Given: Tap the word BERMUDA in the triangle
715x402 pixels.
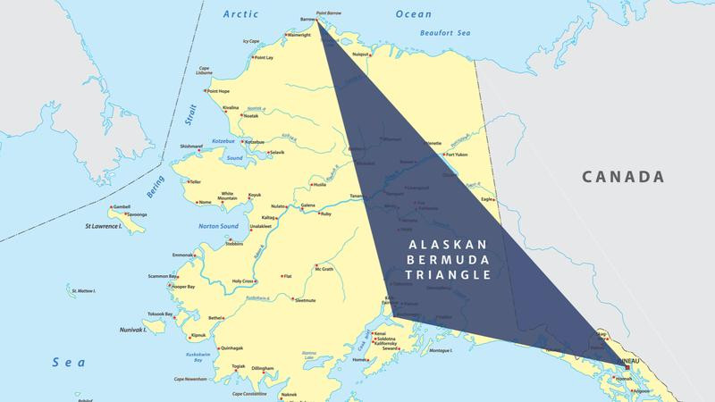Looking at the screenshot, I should [445, 259].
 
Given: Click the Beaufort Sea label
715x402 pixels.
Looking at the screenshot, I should [439, 34].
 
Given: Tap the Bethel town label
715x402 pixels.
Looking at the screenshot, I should [215, 317].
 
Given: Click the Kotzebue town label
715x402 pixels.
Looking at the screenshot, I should [255, 141].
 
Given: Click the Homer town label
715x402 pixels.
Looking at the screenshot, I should [361, 360].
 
